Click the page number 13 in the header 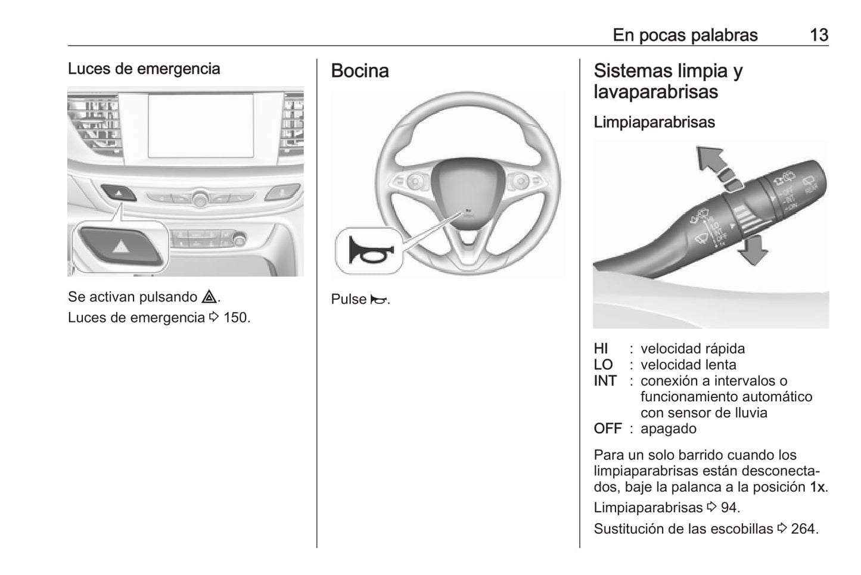coord(819,35)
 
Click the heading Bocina coord(360,71)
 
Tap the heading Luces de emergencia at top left coord(144,69)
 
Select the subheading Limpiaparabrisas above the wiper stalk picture coord(654,122)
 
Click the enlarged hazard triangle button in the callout coord(121,245)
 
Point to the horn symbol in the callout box coord(369,250)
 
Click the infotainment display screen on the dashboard coord(201,126)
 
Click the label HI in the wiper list coord(601,349)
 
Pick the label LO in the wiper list coord(603,365)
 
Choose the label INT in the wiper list coord(605,381)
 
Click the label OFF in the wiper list coord(607,429)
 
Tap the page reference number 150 coord(237,318)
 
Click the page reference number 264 coord(804,529)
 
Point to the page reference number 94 coord(730,508)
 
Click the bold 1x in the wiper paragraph coord(818,487)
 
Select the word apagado coord(668,429)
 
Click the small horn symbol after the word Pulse coord(378,300)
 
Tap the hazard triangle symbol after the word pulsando coord(209,297)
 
